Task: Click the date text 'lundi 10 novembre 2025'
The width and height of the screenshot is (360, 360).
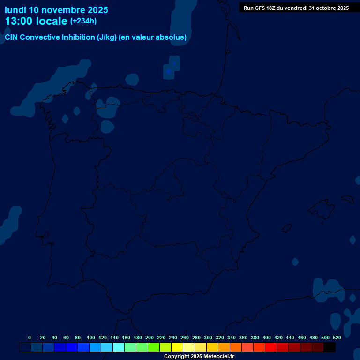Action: tap(56, 10)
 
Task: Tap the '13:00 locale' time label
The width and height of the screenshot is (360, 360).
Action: tap(36, 22)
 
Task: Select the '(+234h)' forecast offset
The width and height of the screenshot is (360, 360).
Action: tap(83, 21)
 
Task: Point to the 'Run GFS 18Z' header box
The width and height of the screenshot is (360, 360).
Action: tap(296, 8)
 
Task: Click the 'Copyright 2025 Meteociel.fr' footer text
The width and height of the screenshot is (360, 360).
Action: tap(199, 357)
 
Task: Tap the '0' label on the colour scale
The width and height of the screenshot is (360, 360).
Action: tap(30, 337)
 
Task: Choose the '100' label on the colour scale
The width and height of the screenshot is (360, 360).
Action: tap(91, 337)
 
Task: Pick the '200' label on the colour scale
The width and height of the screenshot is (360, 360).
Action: tap(150, 337)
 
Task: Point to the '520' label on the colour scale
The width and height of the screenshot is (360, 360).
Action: tap(337, 337)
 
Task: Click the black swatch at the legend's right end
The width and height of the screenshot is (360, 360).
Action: tap(330, 347)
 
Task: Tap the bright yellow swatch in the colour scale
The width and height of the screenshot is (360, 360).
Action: tap(177, 347)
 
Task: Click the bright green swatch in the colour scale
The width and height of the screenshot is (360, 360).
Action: tap(154, 347)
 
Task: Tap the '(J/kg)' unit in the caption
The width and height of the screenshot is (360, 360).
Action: tap(107, 37)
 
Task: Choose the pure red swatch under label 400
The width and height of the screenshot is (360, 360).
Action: tap(271, 347)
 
